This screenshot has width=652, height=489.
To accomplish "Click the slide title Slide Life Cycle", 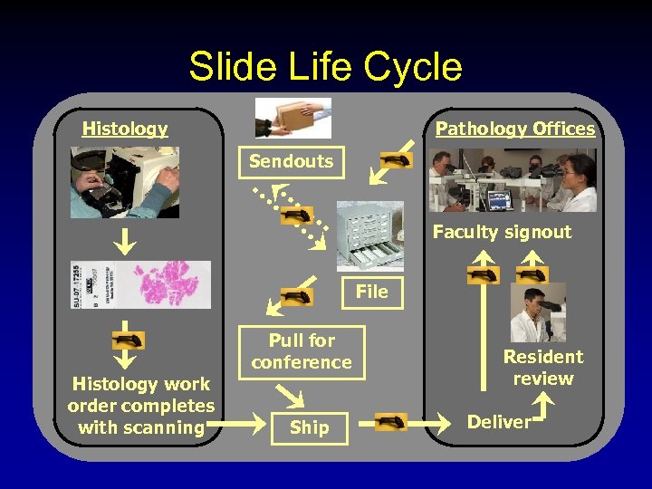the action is pyautogui.click(x=325, y=67).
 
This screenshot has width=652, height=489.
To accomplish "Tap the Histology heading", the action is pyautogui.click(x=125, y=129).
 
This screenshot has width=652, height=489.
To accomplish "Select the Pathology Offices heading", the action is pyautogui.click(x=515, y=129).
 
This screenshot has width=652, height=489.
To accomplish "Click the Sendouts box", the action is pyautogui.click(x=292, y=162).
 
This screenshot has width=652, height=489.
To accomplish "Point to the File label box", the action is pyautogui.click(x=371, y=292).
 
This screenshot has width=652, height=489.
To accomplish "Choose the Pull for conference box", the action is pyautogui.click(x=302, y=351).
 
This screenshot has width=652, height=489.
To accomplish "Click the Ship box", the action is pyautogui.click(x=310, y=427).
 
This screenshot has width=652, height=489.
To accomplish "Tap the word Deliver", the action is pyautogui.click(x=499, y=422).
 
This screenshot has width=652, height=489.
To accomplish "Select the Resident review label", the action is pyautogui.click(x=543, y=368).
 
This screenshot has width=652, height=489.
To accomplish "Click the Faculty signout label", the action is pyautogui.click(x=502, y=232).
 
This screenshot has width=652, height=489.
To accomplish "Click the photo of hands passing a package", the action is pyautogui.click(x=293, y=118).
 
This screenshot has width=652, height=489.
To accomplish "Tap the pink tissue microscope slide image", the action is pyautogui.click(x=140, y=284).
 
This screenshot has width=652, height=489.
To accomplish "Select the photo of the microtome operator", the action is pyautogui.click(x=125, y=182).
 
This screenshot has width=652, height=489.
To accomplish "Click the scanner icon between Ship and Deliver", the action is pyautogui.click(x=391, y=421).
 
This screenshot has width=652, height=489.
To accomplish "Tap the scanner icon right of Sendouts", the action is pyautogui.click(x=396, y=160).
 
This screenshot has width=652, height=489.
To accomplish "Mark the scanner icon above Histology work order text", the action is pyautogui.click(x=128, y=341).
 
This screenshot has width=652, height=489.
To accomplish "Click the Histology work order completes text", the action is pyautogui.click(x=141, y=406).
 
